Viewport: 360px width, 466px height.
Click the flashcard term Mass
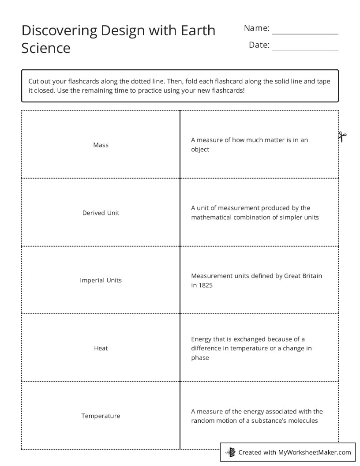click(101, 145)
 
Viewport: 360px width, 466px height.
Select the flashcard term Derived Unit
click(101, 213)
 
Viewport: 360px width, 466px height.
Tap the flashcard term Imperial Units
click(101, 280)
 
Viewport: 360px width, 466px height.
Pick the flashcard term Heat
click(101, 348)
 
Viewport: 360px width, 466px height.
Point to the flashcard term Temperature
click(101, 416)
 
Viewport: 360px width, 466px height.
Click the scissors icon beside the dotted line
click(343, 136)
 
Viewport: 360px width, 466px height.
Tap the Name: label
click(257, 28)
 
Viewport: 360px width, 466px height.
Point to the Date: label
click(259, 45)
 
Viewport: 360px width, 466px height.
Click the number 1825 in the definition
click(205, 286)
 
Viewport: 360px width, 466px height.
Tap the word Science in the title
click(46, 48)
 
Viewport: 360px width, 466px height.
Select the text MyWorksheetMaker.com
click(315, 452)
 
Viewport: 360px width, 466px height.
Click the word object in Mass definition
click(200, 150)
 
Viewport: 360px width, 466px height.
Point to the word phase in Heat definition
click(200, 358)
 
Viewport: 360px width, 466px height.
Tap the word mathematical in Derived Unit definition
click(211, 218)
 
